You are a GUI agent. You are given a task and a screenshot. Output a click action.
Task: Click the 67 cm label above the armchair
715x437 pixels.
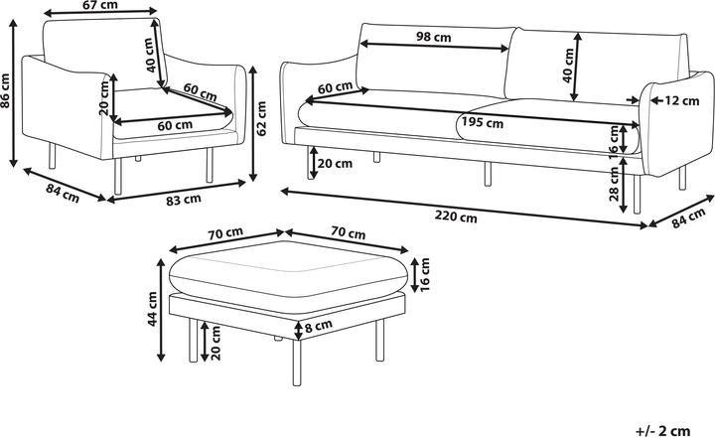point(96,7)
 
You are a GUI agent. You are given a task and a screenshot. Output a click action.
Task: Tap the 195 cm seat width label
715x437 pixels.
point(483,124)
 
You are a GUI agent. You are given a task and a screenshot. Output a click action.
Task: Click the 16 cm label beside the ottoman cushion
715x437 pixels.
point(426,272)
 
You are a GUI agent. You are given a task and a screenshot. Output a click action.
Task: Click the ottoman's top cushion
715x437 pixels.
point(288,271)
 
